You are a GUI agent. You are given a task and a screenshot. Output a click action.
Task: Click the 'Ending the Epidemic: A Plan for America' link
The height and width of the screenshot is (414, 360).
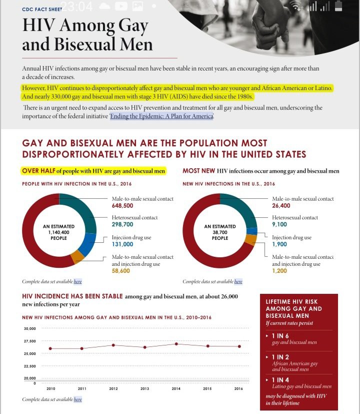coord(162,116)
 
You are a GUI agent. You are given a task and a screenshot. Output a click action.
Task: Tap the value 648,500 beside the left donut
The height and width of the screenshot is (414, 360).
coord(122,206)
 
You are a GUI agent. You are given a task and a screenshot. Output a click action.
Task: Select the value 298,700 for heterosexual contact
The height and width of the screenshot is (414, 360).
coord(122,225)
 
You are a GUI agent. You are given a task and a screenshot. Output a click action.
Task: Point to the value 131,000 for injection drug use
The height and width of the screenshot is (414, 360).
coord(122,244)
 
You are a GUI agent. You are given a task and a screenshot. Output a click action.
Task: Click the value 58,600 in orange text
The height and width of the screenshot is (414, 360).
coord(121,271)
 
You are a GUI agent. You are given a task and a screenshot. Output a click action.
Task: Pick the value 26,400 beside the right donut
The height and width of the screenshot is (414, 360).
coord(281,206)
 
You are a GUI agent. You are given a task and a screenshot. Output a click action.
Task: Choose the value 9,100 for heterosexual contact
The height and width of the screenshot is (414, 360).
coord(279,225)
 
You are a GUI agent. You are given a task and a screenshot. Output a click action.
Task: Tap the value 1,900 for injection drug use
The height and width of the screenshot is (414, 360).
coord(279,244)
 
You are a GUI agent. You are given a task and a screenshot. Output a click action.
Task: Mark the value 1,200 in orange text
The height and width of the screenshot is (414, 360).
coord(279,271)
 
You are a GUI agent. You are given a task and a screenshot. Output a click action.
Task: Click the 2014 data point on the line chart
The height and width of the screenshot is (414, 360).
coord(176,344)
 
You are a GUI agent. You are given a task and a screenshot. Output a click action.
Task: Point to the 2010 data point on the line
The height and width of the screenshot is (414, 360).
coord(50,348)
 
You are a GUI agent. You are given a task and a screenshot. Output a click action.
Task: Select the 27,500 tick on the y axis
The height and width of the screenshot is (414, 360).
coord(29,341)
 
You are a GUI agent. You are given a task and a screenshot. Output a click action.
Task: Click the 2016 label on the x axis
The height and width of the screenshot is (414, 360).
coord(238,388)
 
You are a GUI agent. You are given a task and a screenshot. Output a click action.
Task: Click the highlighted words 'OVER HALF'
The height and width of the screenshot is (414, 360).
coord(38,171)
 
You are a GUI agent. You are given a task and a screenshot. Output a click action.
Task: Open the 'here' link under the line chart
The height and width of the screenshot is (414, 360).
coord(77,399)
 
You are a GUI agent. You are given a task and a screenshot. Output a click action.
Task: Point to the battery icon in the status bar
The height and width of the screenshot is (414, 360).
coord(338,7)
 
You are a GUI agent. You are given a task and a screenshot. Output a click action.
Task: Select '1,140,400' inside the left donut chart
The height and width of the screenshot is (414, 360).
coord(59,232)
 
